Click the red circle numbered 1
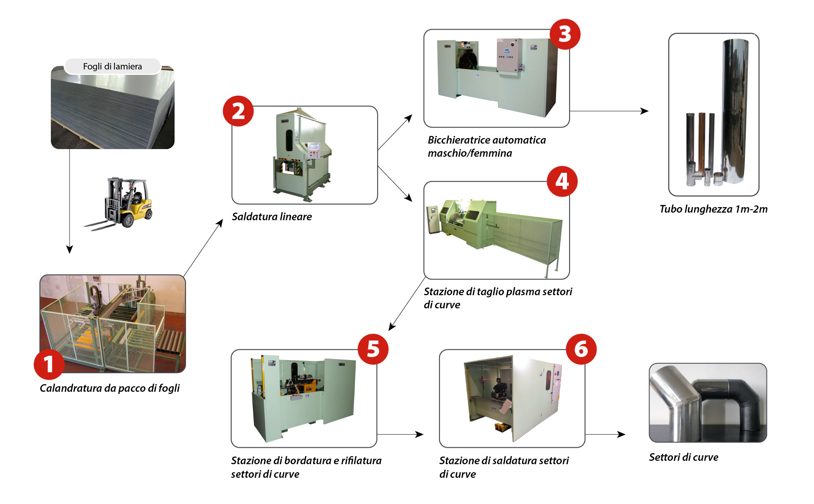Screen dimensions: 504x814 click(49, 364)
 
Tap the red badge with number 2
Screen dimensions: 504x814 click(238, 111)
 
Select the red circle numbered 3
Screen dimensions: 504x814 click(565, 34)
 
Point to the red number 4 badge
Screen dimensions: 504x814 click(562, 181)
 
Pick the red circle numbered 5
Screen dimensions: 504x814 click(373, 349)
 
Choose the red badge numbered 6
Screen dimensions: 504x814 click(581, 349)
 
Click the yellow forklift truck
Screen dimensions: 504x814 click(123, 203)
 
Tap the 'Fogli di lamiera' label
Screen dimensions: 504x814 click(112, 66)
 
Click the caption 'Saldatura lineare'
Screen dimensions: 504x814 click(272, 217)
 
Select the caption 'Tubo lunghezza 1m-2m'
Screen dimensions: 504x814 click(713, 209)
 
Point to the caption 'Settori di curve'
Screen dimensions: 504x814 click(683, 457)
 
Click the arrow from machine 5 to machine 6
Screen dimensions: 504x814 click(400, 434)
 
